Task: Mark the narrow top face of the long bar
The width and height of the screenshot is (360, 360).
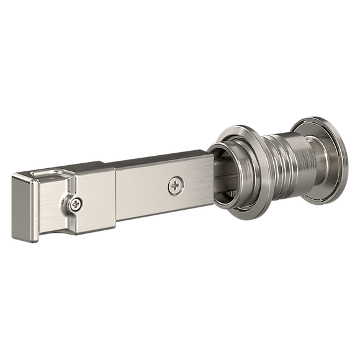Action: coord(155,160)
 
